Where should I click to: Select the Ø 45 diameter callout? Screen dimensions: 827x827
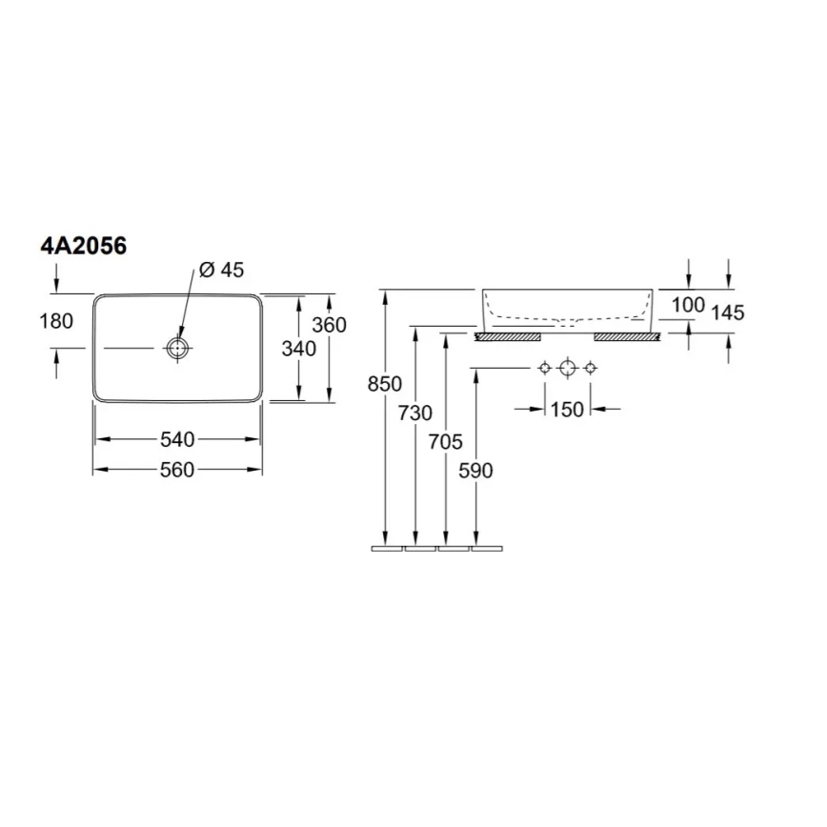click(x=221, y=270)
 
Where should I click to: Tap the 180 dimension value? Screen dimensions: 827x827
click(x=57, y=321)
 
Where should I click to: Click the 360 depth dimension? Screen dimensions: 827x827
click(x=330, y=325)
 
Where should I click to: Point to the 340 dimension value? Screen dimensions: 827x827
click(x=299, y=349)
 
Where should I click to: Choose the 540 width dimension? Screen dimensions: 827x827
click(x=177, y=439)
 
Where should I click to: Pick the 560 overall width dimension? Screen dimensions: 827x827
click(x=177, y=470)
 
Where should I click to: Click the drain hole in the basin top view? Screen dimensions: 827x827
click(x=176, y=349)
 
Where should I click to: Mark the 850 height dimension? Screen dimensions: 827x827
click(x=386, y=384)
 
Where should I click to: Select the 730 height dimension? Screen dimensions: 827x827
click(x=415, y=413)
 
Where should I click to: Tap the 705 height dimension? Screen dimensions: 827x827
click(x=446, y=441)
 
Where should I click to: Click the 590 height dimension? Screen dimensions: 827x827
click(x=475, y=471)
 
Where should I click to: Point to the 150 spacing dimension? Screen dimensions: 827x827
click(x=567, y=410)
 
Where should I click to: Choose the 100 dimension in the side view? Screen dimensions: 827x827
click(x=687, y=305)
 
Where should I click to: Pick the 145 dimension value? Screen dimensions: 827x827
click(x=727, y=312)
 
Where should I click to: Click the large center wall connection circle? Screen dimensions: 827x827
click(x=568, y=368)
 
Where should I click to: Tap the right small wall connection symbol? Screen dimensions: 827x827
click(x=590, y=368)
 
